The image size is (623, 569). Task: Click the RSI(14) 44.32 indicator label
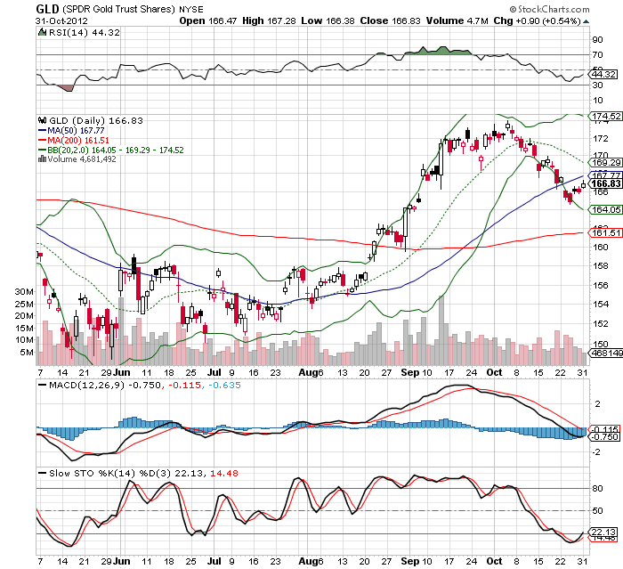pos(77,32)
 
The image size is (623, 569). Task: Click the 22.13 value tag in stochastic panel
pos(603,532)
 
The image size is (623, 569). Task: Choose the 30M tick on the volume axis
pos(25,291)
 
